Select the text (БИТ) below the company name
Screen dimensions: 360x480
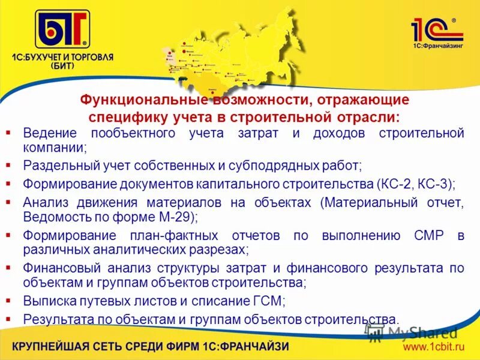(62, 67)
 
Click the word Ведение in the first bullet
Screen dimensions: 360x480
(49, 133)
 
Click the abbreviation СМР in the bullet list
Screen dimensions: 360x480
(428, 236)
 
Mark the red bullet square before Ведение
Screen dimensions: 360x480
(8, 130)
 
